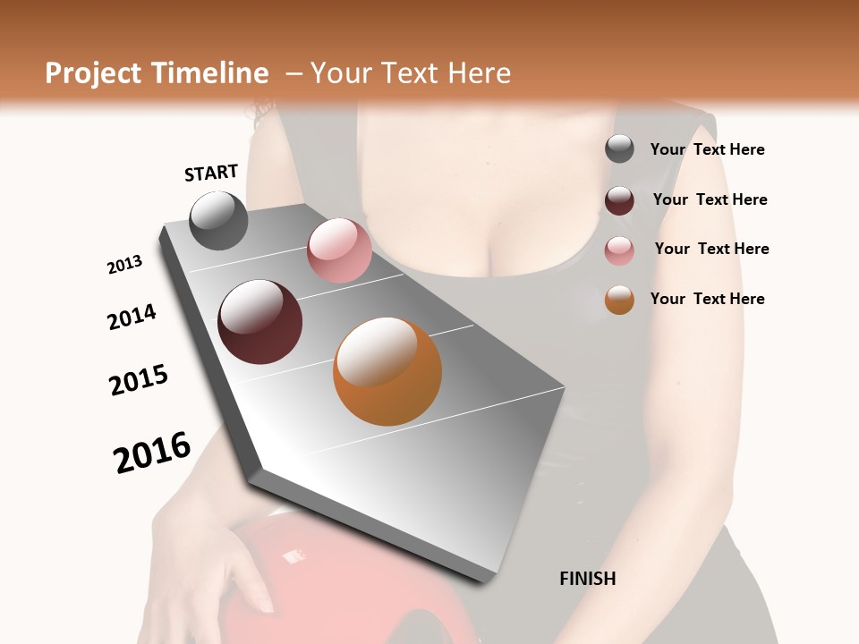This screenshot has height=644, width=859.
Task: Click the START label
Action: [211, 173]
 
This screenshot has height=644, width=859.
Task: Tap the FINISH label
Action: [587, 579]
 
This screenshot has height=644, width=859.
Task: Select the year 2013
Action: [124, 265]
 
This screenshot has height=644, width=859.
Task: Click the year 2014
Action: [132, 317]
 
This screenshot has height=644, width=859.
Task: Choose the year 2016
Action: [152, 452]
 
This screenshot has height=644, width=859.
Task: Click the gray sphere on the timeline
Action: [218, 220]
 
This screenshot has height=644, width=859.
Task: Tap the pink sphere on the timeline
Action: [339, 250]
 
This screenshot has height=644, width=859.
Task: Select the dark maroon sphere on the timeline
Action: [259, 321]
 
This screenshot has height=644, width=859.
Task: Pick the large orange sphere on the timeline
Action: [387, 371]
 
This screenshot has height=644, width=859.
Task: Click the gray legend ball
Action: [619, 149]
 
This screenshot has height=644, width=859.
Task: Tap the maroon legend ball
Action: [619, 199]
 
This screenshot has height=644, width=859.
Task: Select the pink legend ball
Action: [619, 250]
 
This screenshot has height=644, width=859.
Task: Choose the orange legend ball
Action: [619, 300]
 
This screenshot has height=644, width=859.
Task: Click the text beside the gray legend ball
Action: [707, 149]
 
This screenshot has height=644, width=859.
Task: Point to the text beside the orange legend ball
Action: [707, 299]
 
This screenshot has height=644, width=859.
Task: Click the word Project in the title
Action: [93, 73]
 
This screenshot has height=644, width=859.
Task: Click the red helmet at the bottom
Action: [349, 581]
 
